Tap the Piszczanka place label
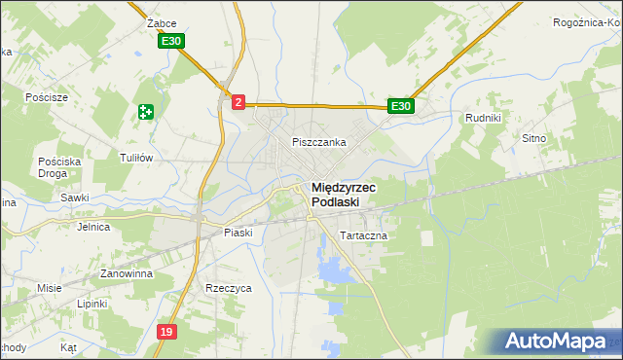[x=319, y=142]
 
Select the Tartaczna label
[x=364, y=236]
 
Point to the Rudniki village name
[x=483, y=119]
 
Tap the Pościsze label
[x=48, y=98]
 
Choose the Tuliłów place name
[x=136, y=158]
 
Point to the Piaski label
[x=238, y=233]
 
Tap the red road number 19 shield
[x=166, y=333]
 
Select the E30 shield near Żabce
[x=171, y=41]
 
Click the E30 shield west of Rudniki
[x=401, y=106]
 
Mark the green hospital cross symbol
[x=146, y=112]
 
